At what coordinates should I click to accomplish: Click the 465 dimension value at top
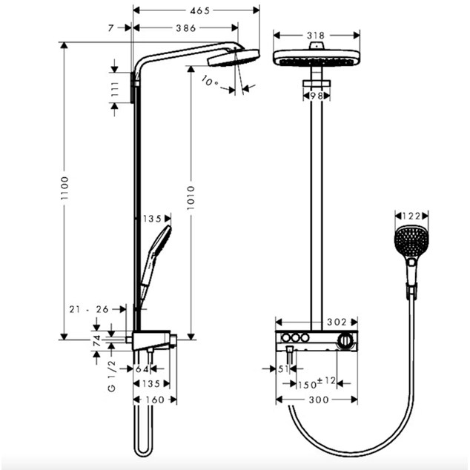pyautogui.click(x=199, y=11)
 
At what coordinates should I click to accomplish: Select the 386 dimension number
pyautogui.click(x=186, y=28)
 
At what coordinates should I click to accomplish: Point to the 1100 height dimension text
pyautogui.click(x=64, y=188)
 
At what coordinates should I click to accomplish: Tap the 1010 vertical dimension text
pyautogui.click(x=191, y=197)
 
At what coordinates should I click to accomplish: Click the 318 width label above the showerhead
pyautogui.click(x=316, y=36)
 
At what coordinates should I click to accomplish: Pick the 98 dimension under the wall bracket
pyautogui.click(x=317, y=96)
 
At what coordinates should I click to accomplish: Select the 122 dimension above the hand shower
pyautogui.click(x=411, y=216)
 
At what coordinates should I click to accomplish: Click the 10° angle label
pyautogui.click(x=210, y=82)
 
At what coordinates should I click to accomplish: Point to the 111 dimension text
pyautogui.click(x=115, y=89)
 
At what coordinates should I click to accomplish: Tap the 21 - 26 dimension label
pyautogui.click(x=89, y=309)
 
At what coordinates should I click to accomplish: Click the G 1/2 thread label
pyautogui.click(x=111, y=376)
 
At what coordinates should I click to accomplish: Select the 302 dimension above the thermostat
pyautogui.click(x=337, y=322)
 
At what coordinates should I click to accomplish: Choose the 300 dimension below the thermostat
pyautogui.click(x=319, y=400)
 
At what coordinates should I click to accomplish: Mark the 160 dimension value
pyautogui.click(x=155, y=400)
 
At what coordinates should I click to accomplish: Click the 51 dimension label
pyautogui.click(x=283, y=369)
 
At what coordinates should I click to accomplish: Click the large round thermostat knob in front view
pyautogui.click(x=345, y=341)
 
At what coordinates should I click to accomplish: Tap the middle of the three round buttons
pyautogui.click(x=296, y=338)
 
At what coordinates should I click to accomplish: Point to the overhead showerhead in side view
pyautogui.click(x=234, y=58)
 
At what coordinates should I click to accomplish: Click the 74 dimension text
pyautogui.click(x=97, y=341)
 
